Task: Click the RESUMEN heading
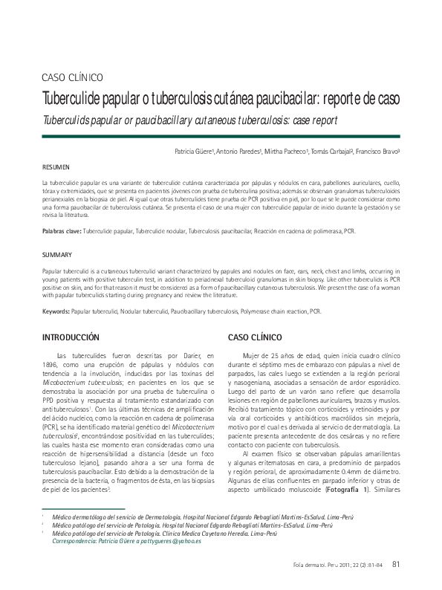click(56, 167)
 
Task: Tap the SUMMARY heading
click(56, 255)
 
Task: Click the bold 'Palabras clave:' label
click(62, 232)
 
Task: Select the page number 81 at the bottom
click(396, 563)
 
